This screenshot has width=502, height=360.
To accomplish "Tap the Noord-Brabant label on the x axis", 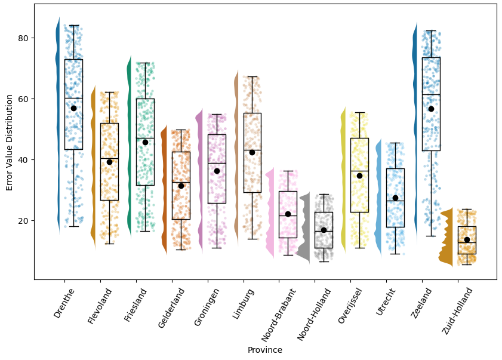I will click(277, 313).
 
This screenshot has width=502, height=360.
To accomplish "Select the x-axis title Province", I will click(265, 350).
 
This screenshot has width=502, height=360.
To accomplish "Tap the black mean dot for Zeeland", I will click(431, 109).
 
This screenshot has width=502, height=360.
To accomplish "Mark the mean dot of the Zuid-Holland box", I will click(467, 239).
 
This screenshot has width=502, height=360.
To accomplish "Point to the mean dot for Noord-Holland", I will click(324, 230).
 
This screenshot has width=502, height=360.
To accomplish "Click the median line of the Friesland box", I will click(145, 138).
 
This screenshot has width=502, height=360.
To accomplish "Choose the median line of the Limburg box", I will click(252, 150).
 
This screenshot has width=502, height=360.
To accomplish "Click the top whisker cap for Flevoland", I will click(109, 92).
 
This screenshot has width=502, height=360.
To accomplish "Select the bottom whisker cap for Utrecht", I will click(395, 254).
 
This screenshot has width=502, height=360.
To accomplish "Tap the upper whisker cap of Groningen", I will click(217, 114).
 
